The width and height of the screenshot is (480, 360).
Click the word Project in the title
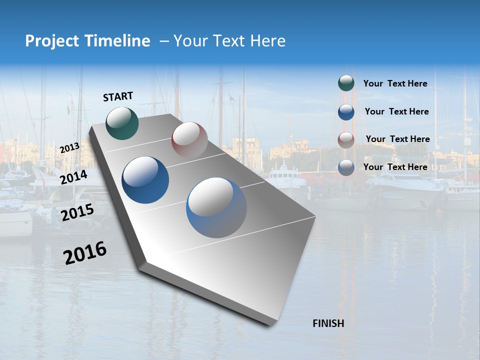point(50,41)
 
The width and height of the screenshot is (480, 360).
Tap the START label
point(118,96)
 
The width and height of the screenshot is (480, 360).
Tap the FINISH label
point(328,323)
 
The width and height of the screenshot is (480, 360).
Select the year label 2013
point(70,148)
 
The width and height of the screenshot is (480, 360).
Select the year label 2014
point(74,177)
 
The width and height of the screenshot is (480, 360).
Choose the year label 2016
point(85,252)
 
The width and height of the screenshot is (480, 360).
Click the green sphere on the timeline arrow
point(122,122)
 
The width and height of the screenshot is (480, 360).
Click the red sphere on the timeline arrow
point(189,140)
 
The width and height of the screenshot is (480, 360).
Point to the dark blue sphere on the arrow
point(145,180)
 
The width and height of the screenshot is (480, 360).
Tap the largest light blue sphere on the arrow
point(216,207)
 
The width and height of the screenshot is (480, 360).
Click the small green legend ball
point(346,83)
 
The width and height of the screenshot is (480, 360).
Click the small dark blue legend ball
point(346,112)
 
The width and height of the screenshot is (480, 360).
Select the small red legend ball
point(346,139)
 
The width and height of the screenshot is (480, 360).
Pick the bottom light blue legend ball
point(346,167)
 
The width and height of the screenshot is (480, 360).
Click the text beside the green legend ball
point(395,83)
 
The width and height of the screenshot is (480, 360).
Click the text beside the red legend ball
point(397,139)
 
